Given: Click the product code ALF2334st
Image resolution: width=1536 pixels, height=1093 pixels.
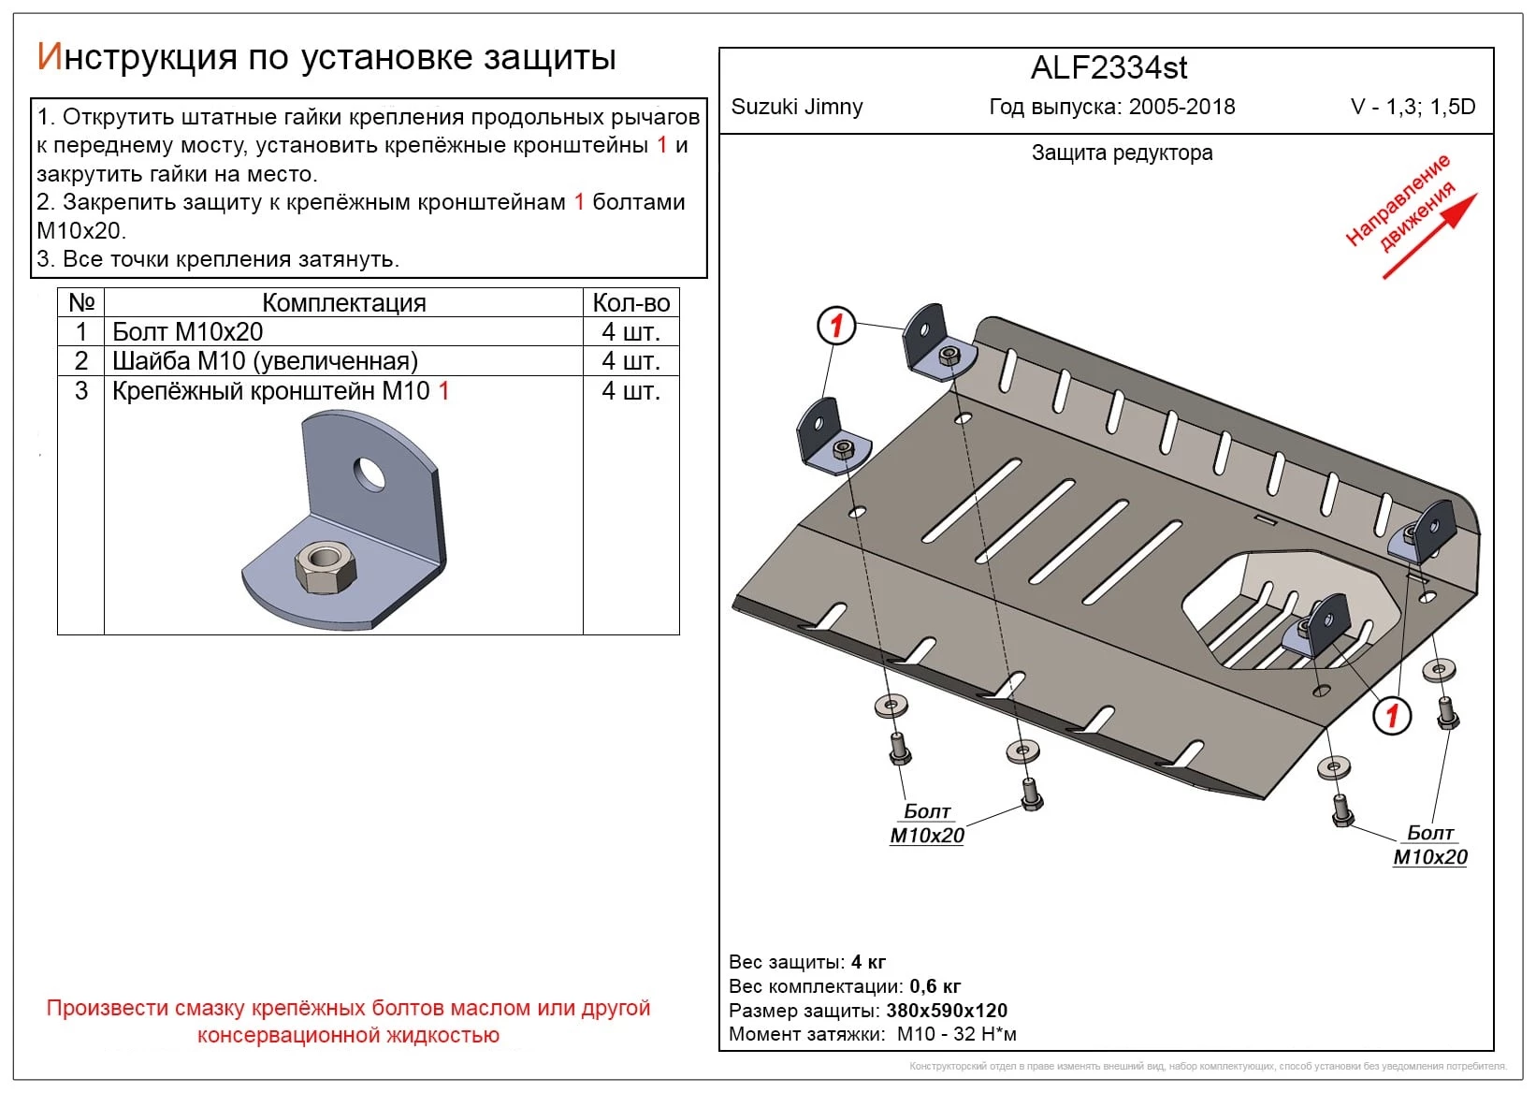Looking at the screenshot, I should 1109,68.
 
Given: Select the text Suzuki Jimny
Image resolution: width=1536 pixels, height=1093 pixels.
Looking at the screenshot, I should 796,107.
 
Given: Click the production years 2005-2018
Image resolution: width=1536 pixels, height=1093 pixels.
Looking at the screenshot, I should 1181,107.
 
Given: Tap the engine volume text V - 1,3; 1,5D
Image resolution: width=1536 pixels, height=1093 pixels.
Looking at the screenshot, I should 1413,107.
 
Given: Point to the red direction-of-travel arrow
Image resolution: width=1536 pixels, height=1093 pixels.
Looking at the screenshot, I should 1430,235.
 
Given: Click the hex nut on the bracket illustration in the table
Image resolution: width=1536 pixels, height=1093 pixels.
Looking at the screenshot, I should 324,567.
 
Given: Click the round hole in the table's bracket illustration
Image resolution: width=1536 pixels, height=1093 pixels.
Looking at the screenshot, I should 370,474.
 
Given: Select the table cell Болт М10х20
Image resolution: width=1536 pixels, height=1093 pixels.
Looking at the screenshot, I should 188,332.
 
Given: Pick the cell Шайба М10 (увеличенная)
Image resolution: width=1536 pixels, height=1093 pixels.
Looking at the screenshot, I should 265,361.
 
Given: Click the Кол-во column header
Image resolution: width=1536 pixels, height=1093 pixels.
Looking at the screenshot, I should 630,303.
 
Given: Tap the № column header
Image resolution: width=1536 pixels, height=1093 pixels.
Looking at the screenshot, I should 81,303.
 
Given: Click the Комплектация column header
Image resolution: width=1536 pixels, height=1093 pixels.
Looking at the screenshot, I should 343,303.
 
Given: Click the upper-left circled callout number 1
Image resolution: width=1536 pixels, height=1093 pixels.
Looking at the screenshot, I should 836,326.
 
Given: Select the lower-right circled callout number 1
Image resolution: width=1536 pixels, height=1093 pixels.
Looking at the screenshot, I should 1391,716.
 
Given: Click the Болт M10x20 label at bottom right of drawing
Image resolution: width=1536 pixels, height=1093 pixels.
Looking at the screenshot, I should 1430,845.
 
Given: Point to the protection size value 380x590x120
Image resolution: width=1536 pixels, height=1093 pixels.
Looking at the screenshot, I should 947,1011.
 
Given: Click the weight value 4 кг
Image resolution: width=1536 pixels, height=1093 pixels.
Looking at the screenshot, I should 868,962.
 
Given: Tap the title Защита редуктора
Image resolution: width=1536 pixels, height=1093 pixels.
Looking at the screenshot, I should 1122,153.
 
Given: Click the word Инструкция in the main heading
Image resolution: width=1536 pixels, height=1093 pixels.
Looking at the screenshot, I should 137,58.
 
